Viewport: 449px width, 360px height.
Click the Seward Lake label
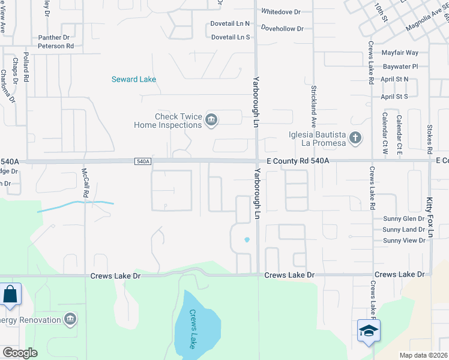point(134,79)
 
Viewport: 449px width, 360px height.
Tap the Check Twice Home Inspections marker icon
point(211,120)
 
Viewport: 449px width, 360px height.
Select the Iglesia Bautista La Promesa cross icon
point(355,139)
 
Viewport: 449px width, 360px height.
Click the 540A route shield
point(142,161)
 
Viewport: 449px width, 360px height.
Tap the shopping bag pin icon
point(11,294)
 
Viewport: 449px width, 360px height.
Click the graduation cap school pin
point(368,331)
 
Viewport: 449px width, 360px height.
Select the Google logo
point(20,352)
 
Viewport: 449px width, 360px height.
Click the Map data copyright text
point(424,355)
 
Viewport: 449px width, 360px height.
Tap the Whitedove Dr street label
point(281,11)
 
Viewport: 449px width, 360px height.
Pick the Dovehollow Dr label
point(283,28)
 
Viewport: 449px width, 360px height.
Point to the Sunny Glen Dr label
point(403,219)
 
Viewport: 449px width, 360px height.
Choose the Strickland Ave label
point(313,103)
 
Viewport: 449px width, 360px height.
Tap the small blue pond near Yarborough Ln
point(246,241)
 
